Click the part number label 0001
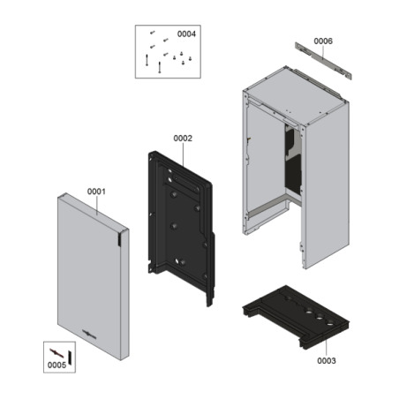point(96,192)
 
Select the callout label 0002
point(183,139)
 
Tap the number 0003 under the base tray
point(327,361)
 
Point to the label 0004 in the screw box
point(186,34)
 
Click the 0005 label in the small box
point(56,365)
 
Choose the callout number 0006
point(323,41)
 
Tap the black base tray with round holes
point(296,316)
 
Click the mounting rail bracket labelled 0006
point(323,60)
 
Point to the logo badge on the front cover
point(89,335)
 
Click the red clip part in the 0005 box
point(56,353)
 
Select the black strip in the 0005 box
point(70,358)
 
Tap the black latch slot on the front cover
point(119,239)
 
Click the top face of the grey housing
point(297,95)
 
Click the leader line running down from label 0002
point(183,154)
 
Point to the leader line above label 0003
point(326,348)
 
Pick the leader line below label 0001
point(96,205)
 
